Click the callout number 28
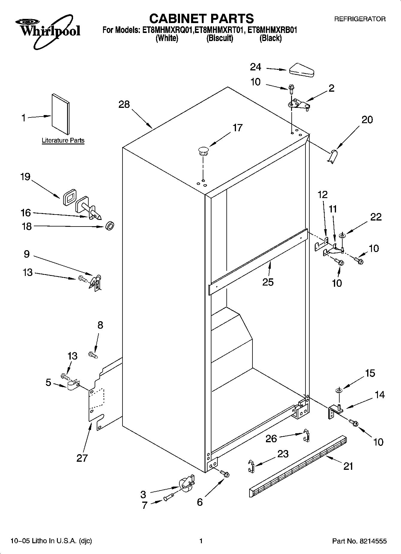[124, 104]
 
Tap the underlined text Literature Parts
[63, 140]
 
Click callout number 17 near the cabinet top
[237, 128]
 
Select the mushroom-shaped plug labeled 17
[203, 151]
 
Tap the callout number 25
[268, 282]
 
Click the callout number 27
[82, 458]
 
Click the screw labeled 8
[93, 355]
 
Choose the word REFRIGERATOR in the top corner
[360, 19]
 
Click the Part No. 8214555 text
[359, 541]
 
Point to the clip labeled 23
[251, 466]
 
